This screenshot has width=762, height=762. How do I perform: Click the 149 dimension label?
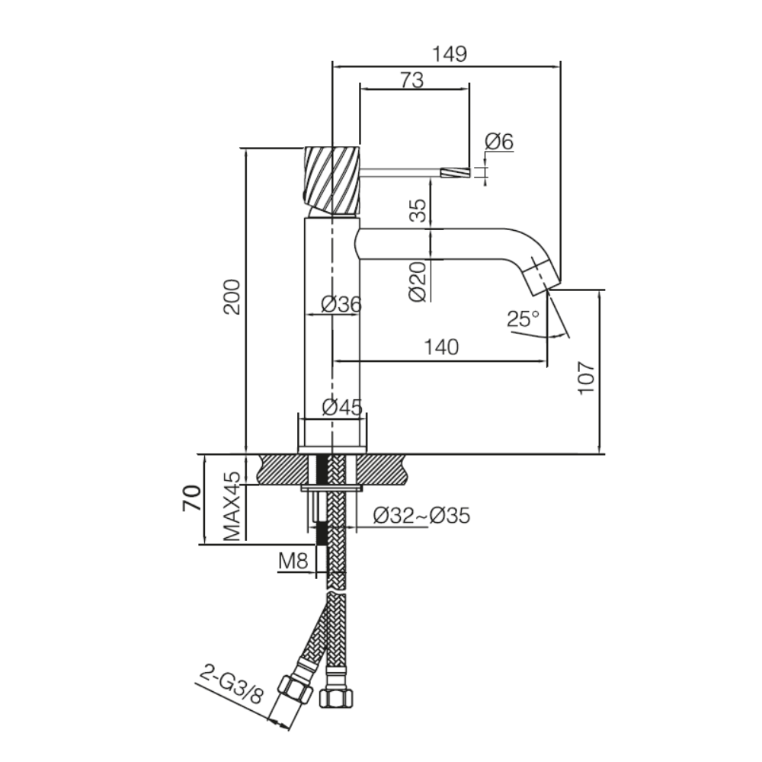tap(449, 54)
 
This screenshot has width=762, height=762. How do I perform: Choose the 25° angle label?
tap(523, 318)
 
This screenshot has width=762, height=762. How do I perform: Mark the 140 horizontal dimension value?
tap(442, 347)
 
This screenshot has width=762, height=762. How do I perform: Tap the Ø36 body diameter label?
tap(341, 304)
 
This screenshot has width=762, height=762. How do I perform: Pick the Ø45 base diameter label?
tap(341, 408)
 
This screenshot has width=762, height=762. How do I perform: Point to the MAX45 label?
tap(232, 506)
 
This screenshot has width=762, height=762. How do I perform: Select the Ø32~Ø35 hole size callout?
tap(421, 517)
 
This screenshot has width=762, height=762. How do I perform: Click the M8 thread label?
tap(293, 562)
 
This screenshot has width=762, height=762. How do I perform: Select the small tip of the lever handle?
tap(456, 173)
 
